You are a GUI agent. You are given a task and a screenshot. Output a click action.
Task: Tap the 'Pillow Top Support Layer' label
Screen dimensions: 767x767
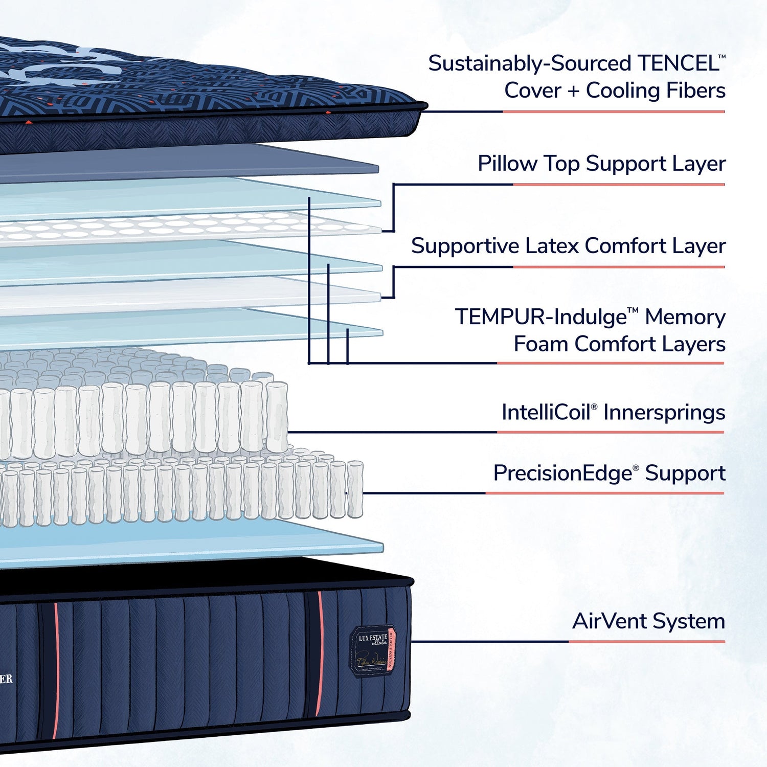[601, 164]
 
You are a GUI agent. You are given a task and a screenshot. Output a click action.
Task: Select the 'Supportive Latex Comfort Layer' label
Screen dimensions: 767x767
[568, 246]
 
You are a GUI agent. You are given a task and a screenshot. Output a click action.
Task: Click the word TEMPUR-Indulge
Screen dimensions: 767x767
[540, 317]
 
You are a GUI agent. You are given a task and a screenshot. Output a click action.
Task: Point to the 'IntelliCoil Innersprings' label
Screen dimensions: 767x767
[613, 412]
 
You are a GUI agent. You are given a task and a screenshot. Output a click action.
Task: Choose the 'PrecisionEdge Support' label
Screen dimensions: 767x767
[609, 473]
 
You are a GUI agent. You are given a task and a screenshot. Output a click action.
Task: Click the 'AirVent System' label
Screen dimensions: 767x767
[648, 621]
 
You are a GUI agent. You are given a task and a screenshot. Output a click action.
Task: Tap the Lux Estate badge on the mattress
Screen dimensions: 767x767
[373, 650]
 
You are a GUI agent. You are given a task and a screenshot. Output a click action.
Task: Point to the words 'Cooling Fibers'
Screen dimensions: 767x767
[656, 91]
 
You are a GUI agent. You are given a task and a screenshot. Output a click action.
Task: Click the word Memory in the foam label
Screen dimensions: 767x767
[685, 317]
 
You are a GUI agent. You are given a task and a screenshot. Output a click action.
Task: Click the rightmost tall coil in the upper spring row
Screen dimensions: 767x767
[277, 417]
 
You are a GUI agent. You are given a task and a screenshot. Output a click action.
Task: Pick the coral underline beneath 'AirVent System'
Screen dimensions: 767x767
[647, 641]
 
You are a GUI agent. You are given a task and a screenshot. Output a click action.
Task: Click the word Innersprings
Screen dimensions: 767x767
[664, 412]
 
